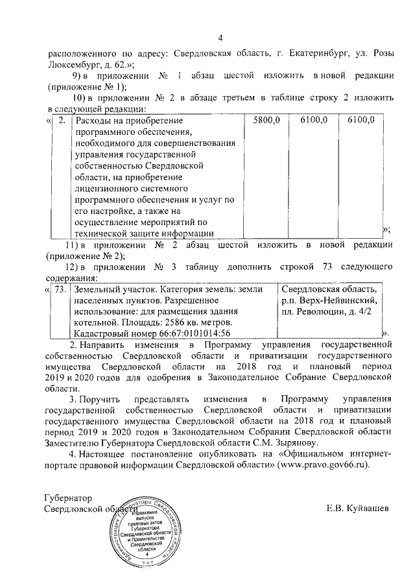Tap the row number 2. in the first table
61,120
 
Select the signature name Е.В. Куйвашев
358,509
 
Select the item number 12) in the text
77,267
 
